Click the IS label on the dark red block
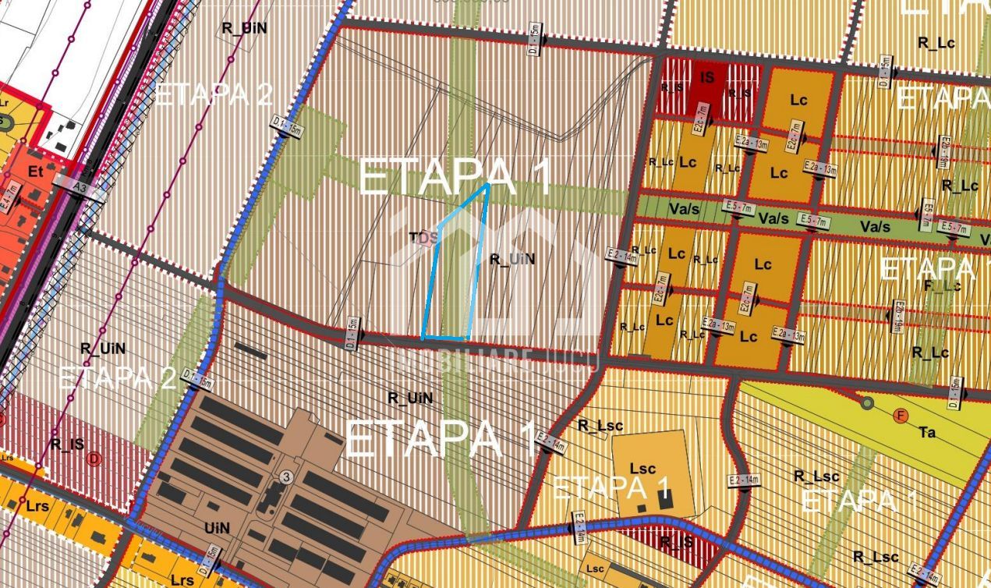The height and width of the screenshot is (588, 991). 707,77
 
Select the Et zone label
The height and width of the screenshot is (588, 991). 35,172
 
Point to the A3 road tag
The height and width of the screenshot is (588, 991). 80,188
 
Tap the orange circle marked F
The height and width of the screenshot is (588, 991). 901,416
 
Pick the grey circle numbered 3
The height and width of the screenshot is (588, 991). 287,476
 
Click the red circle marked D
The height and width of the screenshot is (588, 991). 94,459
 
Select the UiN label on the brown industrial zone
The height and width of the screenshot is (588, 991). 218,528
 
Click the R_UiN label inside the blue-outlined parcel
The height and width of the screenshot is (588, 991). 512,259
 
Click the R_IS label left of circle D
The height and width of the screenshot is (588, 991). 66,444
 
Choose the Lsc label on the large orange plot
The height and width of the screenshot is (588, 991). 642,469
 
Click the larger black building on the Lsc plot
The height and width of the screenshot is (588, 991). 665,500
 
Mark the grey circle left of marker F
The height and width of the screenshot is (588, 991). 866,403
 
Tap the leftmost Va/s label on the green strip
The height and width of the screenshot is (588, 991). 682,210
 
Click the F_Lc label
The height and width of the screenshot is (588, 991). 942,285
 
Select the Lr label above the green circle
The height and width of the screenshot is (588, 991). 5,102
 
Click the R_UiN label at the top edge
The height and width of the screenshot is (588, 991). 245,27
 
